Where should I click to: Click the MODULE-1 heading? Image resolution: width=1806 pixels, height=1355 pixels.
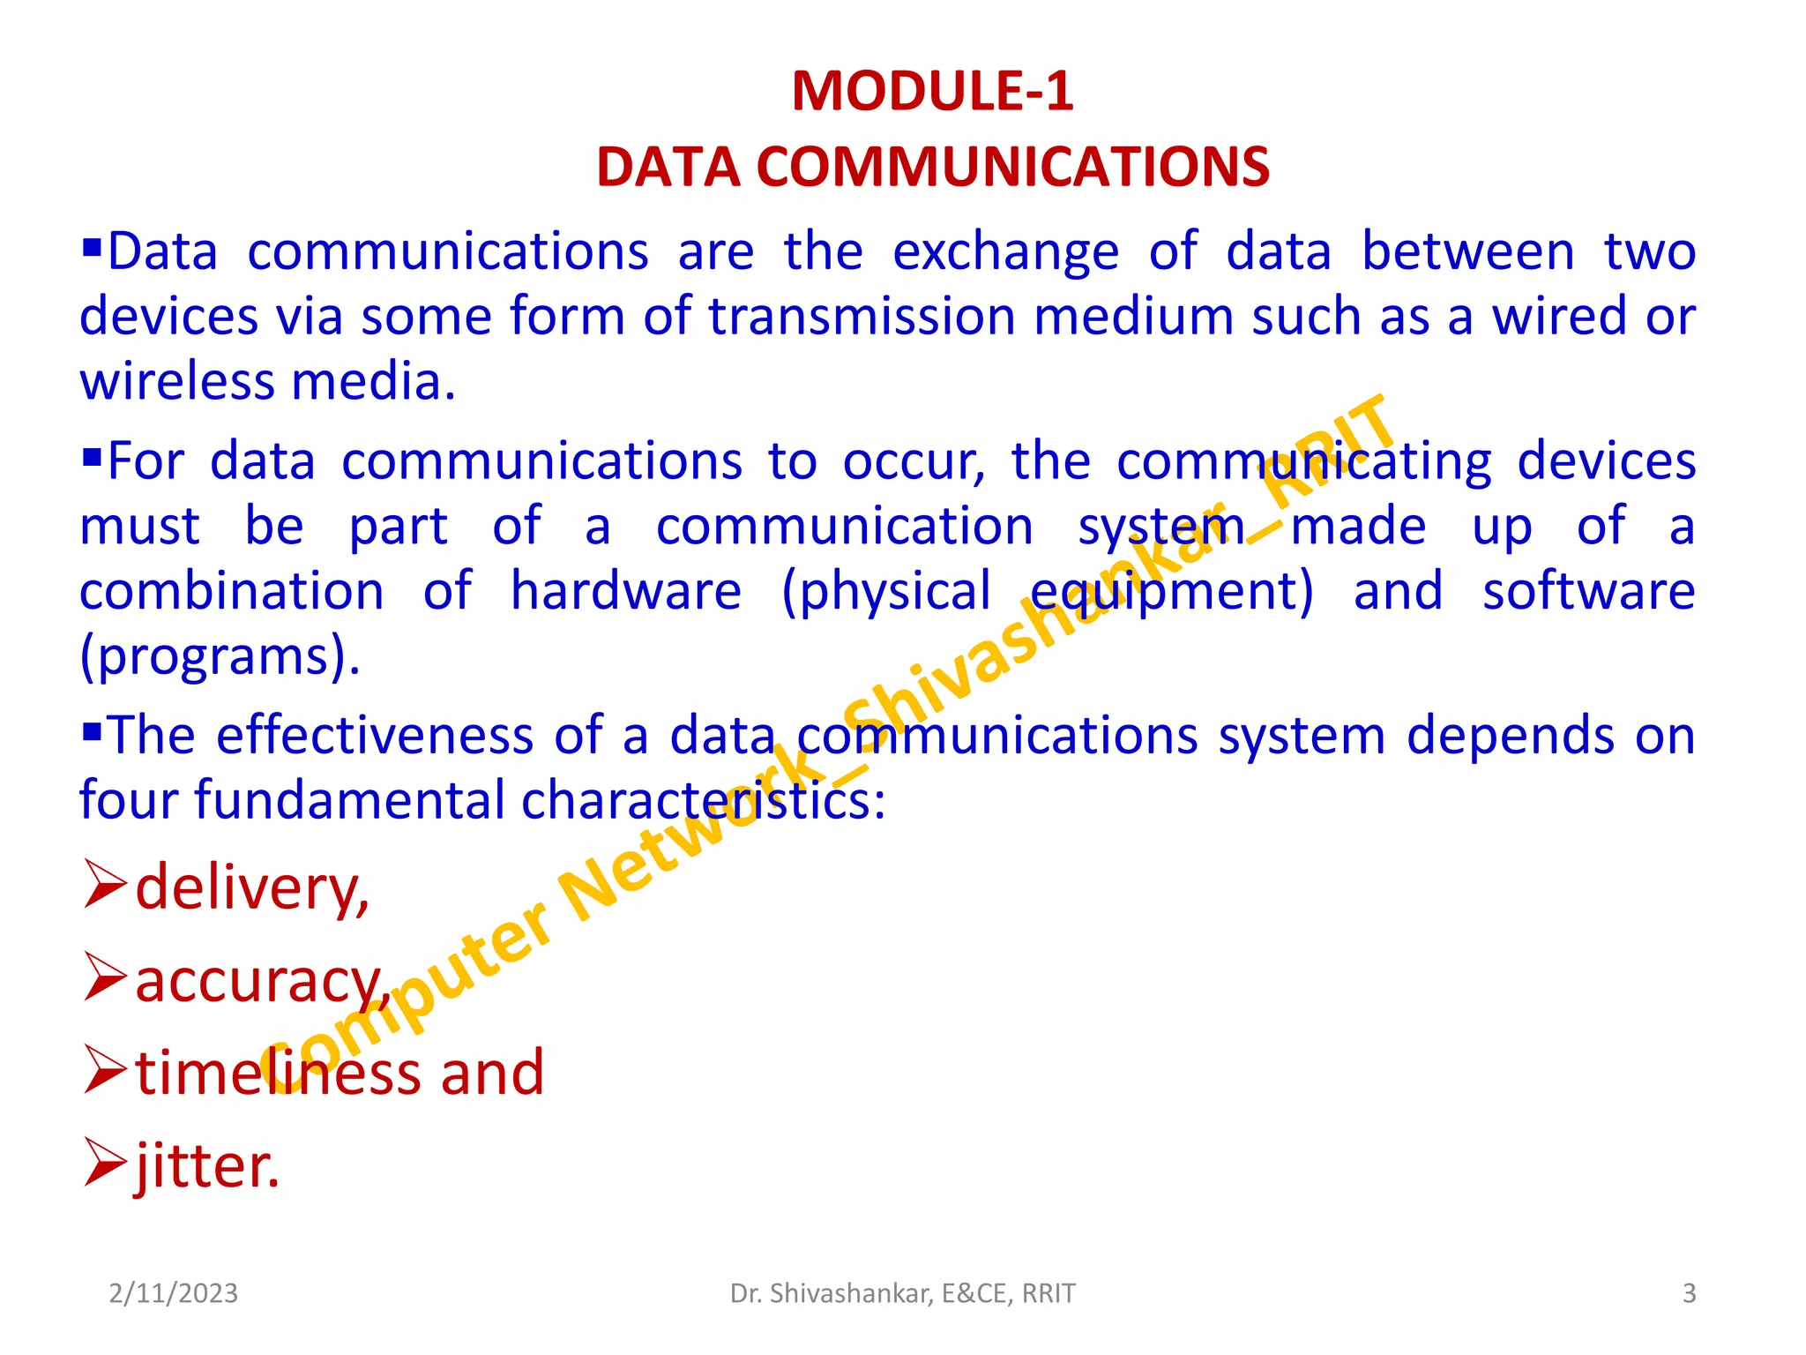click(x=932, y=91)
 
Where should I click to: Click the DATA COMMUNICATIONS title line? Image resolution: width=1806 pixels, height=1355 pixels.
click(x=932, y=167)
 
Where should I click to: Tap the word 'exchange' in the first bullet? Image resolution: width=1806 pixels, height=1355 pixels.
click(x=1005, y=252)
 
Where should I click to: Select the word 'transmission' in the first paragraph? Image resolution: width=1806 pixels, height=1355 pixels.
click(x=862, y=317)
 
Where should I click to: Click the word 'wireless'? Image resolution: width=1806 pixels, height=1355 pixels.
click(x=177, y=382)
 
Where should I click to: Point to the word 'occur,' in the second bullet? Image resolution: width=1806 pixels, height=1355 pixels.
click(x=914, y=461)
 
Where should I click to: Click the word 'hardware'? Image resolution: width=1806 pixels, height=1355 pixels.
click(x=626, y=591)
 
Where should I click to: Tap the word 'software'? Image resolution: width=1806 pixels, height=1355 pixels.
click(x=1588, y=591)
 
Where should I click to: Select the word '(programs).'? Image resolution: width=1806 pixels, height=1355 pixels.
click(x=220, y=657)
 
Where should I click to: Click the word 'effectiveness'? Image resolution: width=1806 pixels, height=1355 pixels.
click(x=375, y=736)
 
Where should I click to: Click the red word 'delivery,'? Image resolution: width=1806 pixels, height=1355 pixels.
click(x=252, y=887)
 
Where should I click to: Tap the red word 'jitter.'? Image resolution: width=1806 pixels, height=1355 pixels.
click(x=207, y=1166)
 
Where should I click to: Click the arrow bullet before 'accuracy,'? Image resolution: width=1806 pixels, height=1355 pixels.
click(x=105, y=978)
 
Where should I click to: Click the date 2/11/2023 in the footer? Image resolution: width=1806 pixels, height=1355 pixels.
click(x=173, y=1293)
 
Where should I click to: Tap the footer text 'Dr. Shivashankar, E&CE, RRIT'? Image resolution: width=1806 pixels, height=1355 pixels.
click(x=902, y=1293)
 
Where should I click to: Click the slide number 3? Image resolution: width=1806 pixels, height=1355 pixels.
click(x=1689, y=1293)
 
